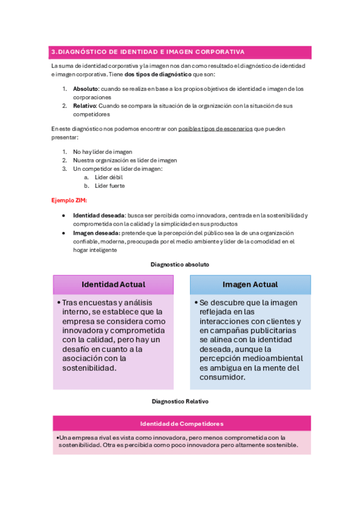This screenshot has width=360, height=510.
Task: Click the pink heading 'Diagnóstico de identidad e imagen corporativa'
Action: click(x=151, y=52)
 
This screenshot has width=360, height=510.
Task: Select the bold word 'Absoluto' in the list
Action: click(x=85, y=89)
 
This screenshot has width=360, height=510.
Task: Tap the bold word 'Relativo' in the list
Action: click(x=85, y=106)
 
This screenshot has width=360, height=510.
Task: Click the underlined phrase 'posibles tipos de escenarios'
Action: click(x=215, y=129)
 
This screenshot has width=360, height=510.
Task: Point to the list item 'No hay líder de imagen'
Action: click(x=103, y=152)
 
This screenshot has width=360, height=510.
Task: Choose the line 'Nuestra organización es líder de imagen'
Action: click(x=125, y=161)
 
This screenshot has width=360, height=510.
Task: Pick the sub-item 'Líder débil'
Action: click(x=109, y=177)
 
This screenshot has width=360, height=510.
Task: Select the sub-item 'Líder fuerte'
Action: click(x=110, y=186)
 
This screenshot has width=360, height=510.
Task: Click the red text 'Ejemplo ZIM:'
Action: click(x=69, y=200)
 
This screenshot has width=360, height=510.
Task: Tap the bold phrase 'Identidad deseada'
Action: click(x=99, y=215)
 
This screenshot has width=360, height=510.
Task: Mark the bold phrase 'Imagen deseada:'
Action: click(x=97, y=233)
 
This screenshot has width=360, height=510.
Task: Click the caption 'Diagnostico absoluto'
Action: click(x=180, y=264)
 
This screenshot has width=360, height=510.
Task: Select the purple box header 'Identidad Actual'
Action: click(x=113, y=284)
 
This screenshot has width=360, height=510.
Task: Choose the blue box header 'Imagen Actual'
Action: click(x=250, y=284)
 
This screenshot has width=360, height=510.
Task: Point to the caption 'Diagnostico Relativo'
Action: click(x=180, y=401)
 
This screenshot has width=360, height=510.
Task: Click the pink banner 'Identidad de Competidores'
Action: click(x=182, y=423)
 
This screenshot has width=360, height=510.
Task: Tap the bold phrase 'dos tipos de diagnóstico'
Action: click(x=157, y=74)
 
